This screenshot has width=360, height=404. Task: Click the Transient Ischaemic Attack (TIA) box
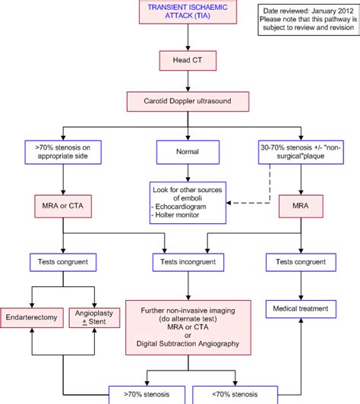188,12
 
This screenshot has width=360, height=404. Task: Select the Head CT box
188,61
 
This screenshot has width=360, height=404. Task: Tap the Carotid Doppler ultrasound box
188,102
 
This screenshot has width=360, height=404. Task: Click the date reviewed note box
308,20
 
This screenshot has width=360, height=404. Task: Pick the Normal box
188,152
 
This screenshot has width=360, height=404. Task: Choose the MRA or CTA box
63,206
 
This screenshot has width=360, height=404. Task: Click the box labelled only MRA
301,206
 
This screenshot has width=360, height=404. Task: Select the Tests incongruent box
188,262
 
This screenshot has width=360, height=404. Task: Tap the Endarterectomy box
32,317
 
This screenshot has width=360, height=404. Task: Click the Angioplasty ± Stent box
94,317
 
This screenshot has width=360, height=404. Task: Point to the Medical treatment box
301,309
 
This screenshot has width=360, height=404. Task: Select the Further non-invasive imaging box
188,327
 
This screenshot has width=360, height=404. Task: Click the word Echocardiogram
181,207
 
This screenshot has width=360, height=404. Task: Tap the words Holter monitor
177,215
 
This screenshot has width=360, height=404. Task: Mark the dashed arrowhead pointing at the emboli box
229,203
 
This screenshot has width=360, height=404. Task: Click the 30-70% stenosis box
301,152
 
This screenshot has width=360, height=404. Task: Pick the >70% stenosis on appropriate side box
63,152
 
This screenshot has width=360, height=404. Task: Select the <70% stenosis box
235,395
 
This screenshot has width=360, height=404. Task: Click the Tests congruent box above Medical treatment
301,262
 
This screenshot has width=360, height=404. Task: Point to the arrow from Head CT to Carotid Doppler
188,81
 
